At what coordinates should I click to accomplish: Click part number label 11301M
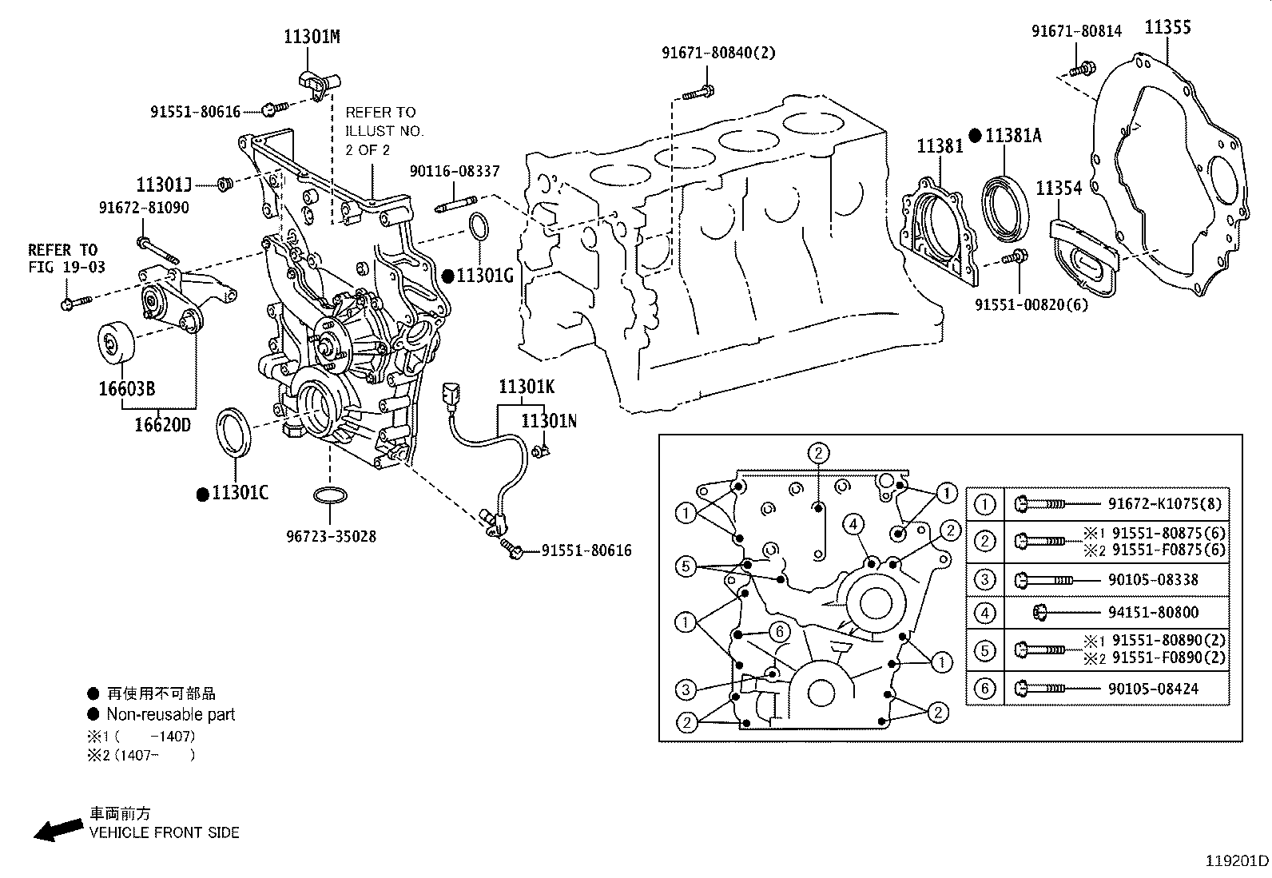[x=312, y=37]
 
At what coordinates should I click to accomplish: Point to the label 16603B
[x=126, y=389]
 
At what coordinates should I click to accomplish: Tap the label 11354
[x=1059, y=189]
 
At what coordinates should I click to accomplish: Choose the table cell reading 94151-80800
[x=1152, y=613]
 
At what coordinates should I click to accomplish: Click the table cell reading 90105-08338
[x=1152, y=580]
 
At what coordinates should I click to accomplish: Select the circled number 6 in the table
[x=985, y=689]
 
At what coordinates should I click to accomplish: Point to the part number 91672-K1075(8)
[x=1166, y=504]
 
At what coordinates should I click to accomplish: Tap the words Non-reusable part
[x=170, y=714]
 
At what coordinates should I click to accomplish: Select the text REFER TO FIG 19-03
[x=66, y=258]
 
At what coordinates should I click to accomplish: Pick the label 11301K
[x=527, y=387]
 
